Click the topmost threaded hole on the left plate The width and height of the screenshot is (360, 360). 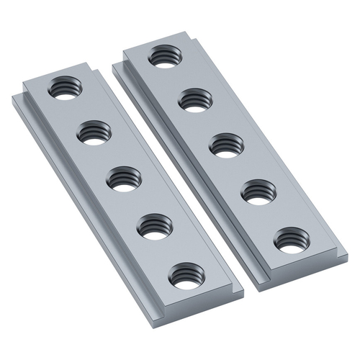(65, 89)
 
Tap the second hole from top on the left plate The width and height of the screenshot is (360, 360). (95, 133)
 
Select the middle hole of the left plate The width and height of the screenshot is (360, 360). (125, 179)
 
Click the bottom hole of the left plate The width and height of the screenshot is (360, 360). (187, 276)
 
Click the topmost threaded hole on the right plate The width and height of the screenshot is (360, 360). (165, 57)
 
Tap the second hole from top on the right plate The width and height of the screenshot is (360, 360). (194, 99)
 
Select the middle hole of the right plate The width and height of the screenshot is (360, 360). (225, 145)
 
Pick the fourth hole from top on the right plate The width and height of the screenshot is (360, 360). (258, 192)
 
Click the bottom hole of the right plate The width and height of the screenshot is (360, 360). (292, 240)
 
